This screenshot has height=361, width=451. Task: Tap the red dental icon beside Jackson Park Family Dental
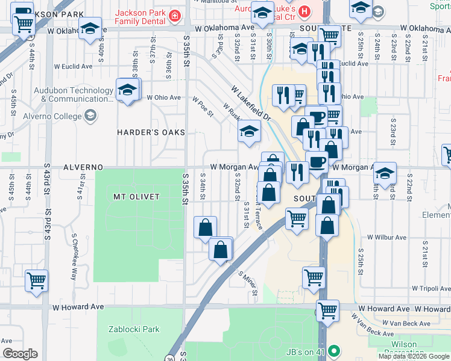[x=174, y=15]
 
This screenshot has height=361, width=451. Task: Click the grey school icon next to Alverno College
[x=90, y=116]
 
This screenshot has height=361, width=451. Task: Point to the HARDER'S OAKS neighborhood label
[x=151, y=132]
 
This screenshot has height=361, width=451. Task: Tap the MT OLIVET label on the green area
[x=136, y=197]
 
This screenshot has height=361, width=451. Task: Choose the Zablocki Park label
[x=134, y=329]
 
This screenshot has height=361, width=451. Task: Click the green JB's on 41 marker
[x=335, y=351]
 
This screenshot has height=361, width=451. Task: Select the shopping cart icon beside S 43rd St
[x=36, y=280]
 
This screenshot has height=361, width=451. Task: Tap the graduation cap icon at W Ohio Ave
[x=127, y=90]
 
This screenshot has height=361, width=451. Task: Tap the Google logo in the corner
[x=20, y=354]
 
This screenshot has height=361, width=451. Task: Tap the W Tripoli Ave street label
[x=431, y=288]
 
